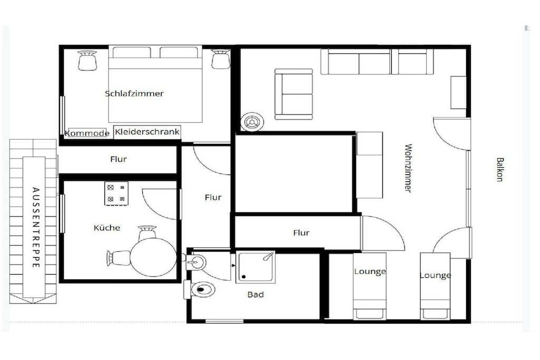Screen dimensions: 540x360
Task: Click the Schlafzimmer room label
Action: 134,94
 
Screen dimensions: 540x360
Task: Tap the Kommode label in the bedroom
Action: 87,133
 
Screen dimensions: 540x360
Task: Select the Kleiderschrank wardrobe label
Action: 147,132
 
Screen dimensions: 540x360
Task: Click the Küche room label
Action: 107,228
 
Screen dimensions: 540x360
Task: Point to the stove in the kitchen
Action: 117,194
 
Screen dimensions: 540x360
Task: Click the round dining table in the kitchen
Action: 153,257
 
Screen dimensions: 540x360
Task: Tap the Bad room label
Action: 256,295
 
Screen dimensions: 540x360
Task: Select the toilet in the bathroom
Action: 200,289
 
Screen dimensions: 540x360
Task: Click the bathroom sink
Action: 196,262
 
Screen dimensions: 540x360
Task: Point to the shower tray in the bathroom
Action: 256,267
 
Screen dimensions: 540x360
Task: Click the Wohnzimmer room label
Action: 408,168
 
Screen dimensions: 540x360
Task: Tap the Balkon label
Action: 500,169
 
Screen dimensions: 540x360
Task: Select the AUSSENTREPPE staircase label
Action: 36,228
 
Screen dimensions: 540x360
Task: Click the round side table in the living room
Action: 253,122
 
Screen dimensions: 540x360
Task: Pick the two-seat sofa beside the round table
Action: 294,94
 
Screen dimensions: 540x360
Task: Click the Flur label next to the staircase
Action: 119,159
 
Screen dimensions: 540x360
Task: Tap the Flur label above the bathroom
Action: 301,233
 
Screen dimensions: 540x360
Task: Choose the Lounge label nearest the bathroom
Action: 370,271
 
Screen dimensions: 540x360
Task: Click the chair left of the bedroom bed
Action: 87,61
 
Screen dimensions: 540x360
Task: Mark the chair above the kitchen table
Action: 147,233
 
